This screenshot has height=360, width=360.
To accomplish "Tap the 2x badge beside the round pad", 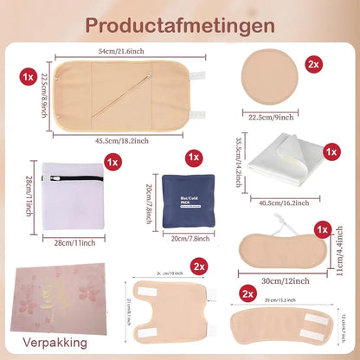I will [314, 65].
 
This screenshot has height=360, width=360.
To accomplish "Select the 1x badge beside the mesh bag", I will [111, 161].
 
